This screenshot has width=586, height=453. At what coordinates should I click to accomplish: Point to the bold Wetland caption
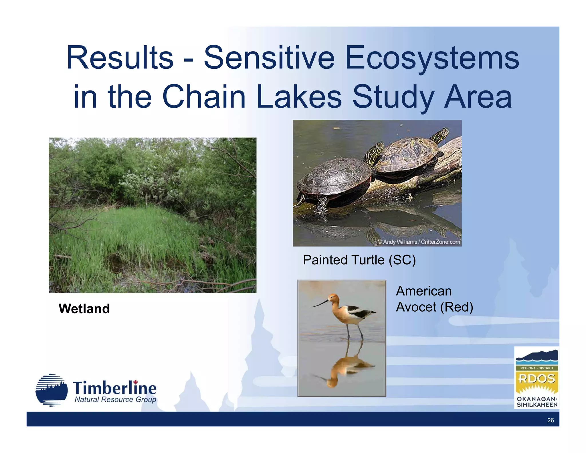(84, 309)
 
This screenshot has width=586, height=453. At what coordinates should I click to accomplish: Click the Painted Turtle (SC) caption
(359, 260)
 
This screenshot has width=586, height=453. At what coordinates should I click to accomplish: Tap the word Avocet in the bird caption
(416, 307)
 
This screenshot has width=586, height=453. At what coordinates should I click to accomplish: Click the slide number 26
(550, 420)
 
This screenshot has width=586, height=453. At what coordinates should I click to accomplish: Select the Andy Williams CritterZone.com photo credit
(419, 242)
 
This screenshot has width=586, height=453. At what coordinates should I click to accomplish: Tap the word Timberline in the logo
(114, 388)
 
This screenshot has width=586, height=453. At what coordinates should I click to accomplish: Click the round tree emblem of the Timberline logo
(52, 390)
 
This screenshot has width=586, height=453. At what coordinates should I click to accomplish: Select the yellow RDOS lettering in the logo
(536, 379)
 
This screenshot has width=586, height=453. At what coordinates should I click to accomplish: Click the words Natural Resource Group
(115, 399)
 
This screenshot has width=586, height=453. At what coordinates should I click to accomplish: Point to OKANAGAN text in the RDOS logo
(536, 399)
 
